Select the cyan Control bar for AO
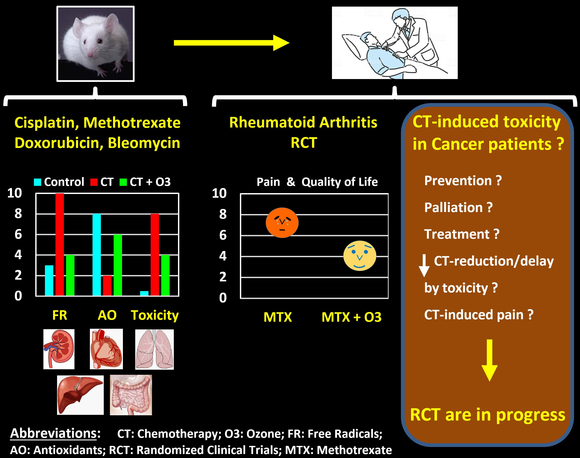tap(96, 255)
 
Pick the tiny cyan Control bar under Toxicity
tap(144, 293)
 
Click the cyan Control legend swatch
tap(37, 182)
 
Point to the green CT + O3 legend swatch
tap(123, 182)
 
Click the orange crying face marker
tap(282, 222)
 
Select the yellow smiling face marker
tap(360, 256)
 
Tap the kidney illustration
tap(59, 349)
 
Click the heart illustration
tap(106, 349)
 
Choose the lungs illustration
tap(154, 349)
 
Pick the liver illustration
tap(80, 395)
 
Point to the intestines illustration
tap(131, 395)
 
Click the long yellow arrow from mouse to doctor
tap(232, 43)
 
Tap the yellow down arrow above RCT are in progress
tap(490, 360)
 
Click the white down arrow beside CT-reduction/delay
tap(424, 266)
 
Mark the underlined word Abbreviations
tap(53, 434)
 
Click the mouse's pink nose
tap(90, 55)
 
